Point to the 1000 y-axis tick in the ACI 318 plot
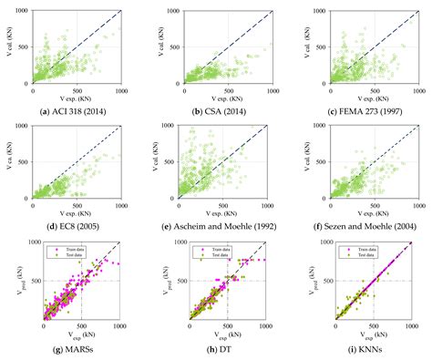coord(23,11)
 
